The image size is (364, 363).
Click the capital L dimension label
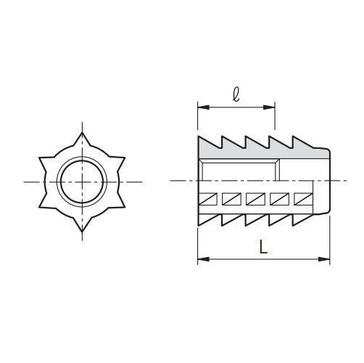pos(263,246)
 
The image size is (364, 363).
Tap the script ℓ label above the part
pos(236,94)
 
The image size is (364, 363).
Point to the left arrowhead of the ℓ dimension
pos(204,107)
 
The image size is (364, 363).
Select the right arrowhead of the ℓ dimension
pos(269,107)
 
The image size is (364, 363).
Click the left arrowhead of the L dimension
pos(204,259)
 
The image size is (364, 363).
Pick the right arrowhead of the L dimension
pos(324,259)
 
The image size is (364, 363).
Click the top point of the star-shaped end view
pos(82,133)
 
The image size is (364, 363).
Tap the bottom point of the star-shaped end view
pos(82,231)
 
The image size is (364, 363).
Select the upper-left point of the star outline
pos(40,158)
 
